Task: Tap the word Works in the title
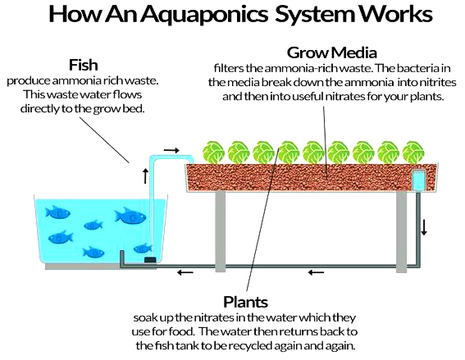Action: (396, 14)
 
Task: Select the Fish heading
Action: (84, 65)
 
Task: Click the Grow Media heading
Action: (332, 52)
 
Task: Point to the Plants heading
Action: (245, 302)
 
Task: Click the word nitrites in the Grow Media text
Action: (438, 82)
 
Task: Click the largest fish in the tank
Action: (130, 216)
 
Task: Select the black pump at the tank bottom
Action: (150, 260)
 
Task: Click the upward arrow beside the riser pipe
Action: (145, 175)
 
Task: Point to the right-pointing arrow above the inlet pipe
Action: (171, 150)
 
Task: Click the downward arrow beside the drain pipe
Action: (424, 227)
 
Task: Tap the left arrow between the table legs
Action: (316, 272)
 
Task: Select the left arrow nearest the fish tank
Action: (185, 272)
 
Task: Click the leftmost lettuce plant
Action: (213, 153)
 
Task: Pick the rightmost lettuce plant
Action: (413, 153)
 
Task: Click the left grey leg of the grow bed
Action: (220, 231)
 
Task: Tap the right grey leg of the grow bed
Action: (402, 231)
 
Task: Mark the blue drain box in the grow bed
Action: (418, 180)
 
